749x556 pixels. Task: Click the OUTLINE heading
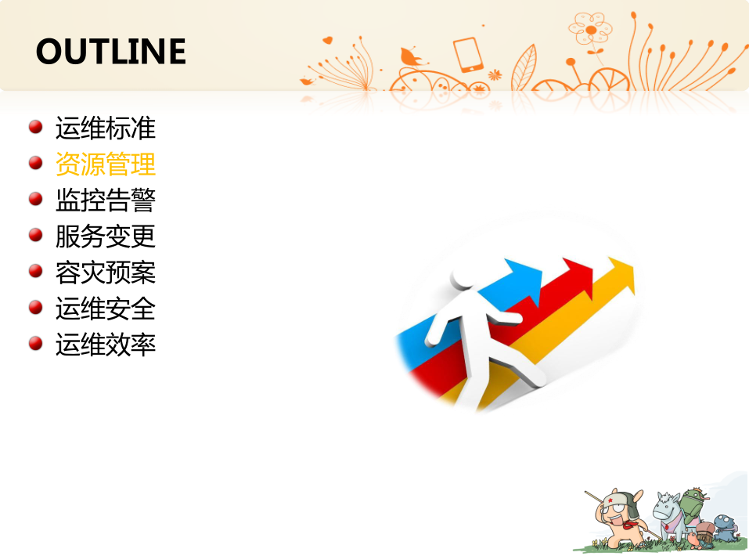pyautogui.click(x=111, y=51)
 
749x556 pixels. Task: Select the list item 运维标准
pyautogui.click(x=106, y=128)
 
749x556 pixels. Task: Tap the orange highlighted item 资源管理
pyautogui.click(x=106, y=164)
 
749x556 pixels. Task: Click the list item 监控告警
pyautogui.click(x=106, y=200)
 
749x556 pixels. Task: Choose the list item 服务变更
pyautogui.click(x=106, y=236)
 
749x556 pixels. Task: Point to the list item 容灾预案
pyautogui.click(x=106, y=273)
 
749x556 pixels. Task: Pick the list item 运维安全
pyautogui.click(x=106, y=309)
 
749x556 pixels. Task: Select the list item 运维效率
pyautogui.click(x=106, y=345)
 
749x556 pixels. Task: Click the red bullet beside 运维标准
pyautogui.click(x=36, y=127)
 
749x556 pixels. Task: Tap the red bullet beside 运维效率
pyautogui.click(x=36, y=343)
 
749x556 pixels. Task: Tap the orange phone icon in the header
pyautogui.click(x=468, y=55)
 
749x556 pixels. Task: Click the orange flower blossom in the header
pyautogui.click(x=590, y=29)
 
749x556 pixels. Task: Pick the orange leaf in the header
pyautogui.click(x=524, y=68)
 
